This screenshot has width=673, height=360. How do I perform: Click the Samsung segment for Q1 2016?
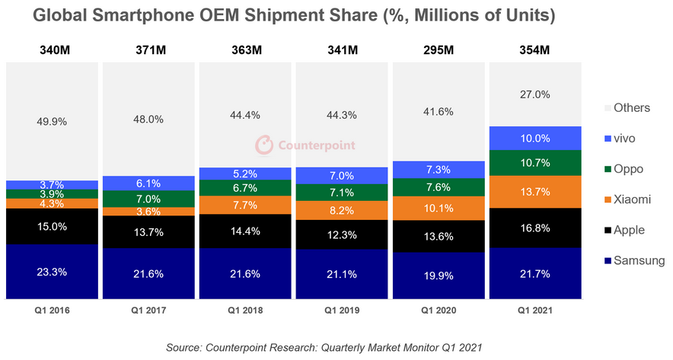click(53, 272)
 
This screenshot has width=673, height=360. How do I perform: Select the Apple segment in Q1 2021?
click(535, 228)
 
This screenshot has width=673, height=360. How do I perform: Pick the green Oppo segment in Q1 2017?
click(149, 199)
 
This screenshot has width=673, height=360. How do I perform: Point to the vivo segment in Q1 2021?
click(535, 139)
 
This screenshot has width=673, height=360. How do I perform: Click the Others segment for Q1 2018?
click(246, 115)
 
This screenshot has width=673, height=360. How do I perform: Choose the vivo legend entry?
click(620, 138)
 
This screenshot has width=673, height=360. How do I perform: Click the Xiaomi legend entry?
click(625, 199)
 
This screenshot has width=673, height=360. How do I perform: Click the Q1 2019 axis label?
click(342, 311)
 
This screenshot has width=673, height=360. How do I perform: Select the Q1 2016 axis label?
click(53, 311)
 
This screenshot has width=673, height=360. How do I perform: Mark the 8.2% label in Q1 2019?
click(342, 211)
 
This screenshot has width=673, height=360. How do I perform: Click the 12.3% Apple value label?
click(342, 235)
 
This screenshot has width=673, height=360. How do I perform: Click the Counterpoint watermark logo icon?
click(263, 145)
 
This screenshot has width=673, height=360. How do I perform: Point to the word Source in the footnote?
click(186, 347)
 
